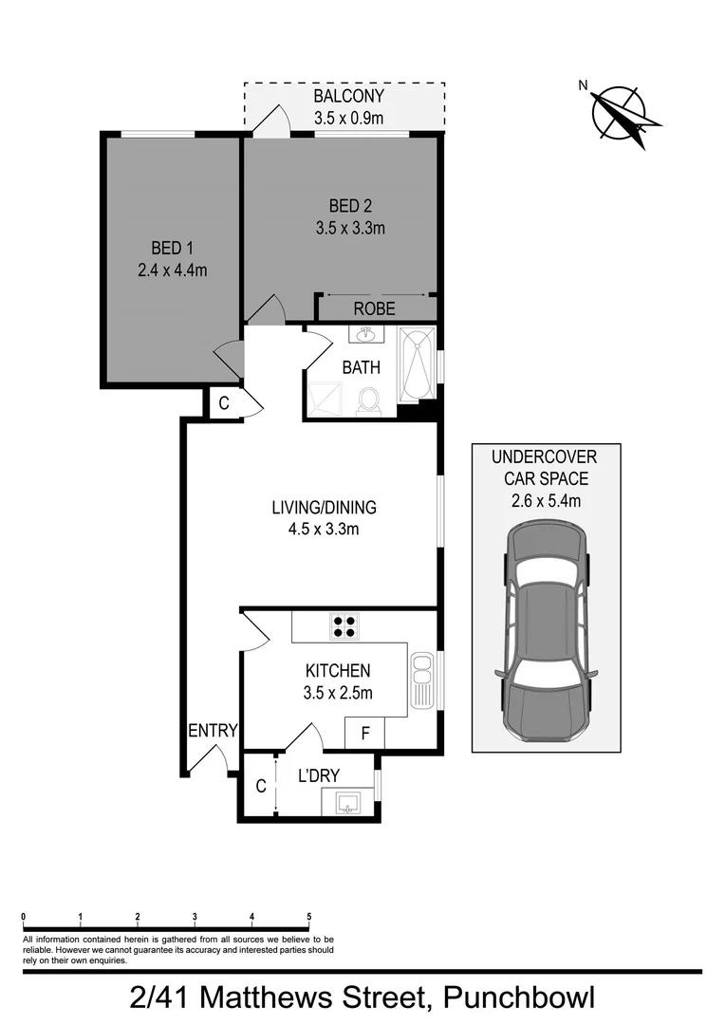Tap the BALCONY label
point(348,97)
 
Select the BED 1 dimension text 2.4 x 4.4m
point(172,270)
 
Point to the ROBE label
point(374,309)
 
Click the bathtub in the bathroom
point(416,363)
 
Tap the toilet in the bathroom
point(368,402)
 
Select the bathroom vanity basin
point(365,334)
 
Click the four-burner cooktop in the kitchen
point(344,625)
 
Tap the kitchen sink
point(421,679)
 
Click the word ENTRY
point(213,730)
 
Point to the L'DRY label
point(319,775)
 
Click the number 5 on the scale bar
point(309,917)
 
